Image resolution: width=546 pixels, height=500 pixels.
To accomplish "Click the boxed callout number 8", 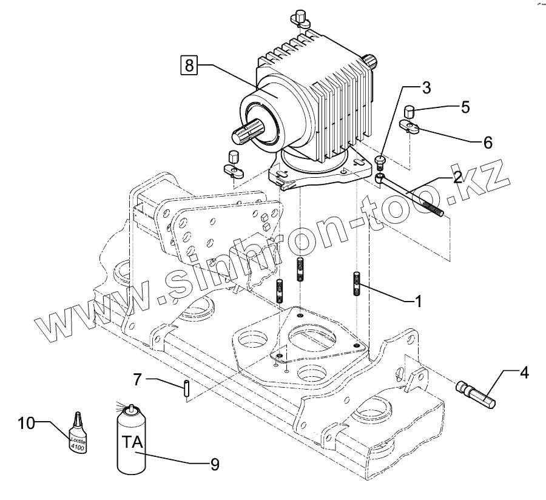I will click(189, 64).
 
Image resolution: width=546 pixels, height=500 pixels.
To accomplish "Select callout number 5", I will click(465, 107).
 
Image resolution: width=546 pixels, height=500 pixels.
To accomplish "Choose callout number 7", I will click(138, 380).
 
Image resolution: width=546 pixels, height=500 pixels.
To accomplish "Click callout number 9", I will click(214, 464).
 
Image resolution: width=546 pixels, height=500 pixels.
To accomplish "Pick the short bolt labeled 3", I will click(380, 162).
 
